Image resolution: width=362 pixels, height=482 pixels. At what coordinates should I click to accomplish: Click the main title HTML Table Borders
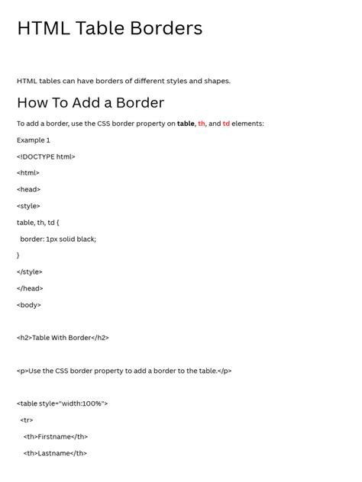tap(109, 29)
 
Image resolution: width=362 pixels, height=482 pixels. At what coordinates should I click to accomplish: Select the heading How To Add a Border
tap(90, 103)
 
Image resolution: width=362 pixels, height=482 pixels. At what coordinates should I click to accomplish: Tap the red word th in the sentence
tap(202, 124)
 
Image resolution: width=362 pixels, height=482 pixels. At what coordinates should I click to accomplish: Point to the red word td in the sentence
tap(226, 124)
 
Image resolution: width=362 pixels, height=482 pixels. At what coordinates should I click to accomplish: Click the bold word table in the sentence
tap(186, 124)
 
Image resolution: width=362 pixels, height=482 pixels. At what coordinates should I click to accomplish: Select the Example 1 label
tap(34, 140)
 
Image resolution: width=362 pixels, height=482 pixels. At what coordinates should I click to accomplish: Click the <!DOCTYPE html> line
tap(46, 157)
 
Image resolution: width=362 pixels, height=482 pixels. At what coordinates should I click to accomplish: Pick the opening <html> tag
tap(28, 173)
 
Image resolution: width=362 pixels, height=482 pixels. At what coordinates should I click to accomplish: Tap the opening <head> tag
tap(29, 190)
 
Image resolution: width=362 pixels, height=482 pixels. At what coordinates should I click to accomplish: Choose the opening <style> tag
tap(28, 206)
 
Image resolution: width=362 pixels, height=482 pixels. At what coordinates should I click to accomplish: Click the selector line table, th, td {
tap(38, 223)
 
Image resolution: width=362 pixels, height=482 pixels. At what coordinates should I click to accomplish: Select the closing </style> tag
tap(30, 272)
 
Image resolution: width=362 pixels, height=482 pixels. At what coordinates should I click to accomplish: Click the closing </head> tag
tap(31, 288)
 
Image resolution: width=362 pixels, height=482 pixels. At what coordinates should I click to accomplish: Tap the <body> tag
tap(29, 305)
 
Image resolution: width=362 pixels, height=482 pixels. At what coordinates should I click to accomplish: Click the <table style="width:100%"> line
tap(63, 403)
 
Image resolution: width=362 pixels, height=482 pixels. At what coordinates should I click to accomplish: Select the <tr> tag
tap(27, 420)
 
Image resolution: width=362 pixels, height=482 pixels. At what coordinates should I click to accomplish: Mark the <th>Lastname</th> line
tap(55, 453)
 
